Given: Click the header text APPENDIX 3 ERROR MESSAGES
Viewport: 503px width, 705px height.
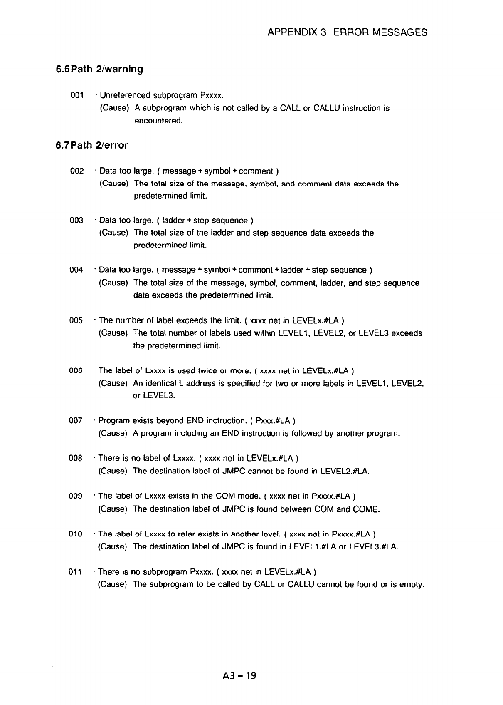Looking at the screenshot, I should coord(348,32).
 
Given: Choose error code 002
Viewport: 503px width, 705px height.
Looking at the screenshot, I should coord(77,171).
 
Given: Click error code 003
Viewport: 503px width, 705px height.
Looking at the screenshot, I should coord(77,220).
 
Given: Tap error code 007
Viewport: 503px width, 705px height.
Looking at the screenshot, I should coord(76,421).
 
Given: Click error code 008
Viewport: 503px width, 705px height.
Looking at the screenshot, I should coord(76,459).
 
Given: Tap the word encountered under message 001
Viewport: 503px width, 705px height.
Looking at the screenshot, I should coord(158,121).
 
